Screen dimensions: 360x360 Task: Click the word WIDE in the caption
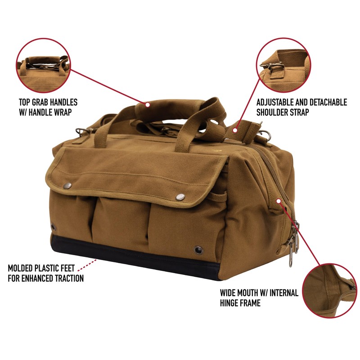coord(228,293)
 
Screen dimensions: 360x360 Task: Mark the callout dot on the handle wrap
coord(147,104)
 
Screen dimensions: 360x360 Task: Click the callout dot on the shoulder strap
coord(235,130)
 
